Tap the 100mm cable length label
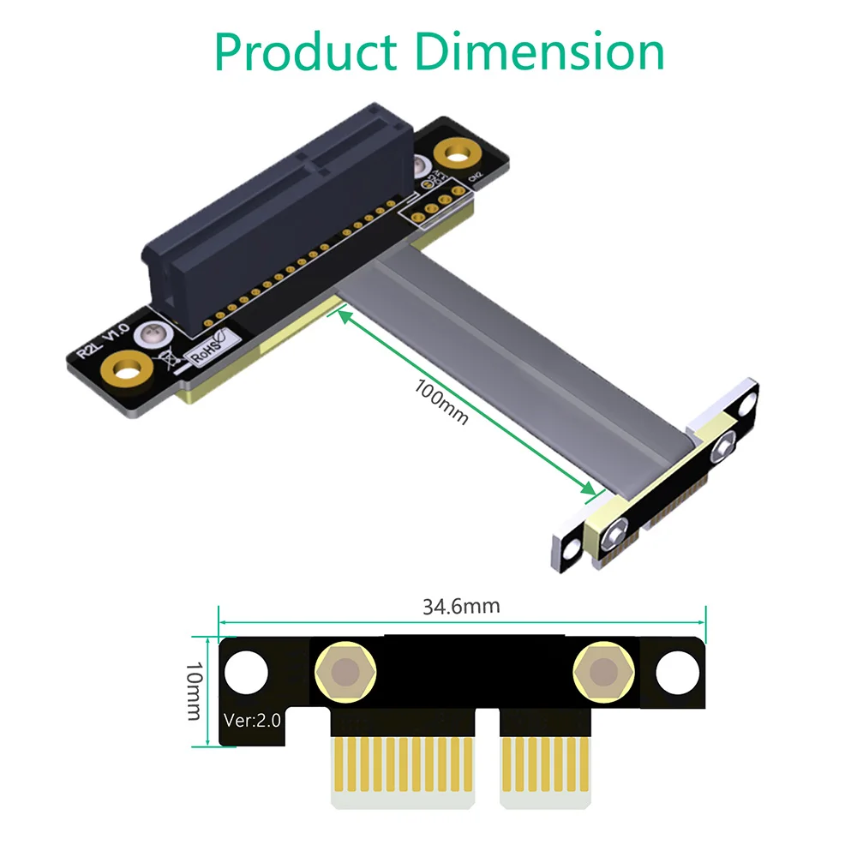pos(442,400)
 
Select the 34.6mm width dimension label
pos(461,607)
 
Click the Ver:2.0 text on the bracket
pos(251,720)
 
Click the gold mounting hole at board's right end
pos(455,154)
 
